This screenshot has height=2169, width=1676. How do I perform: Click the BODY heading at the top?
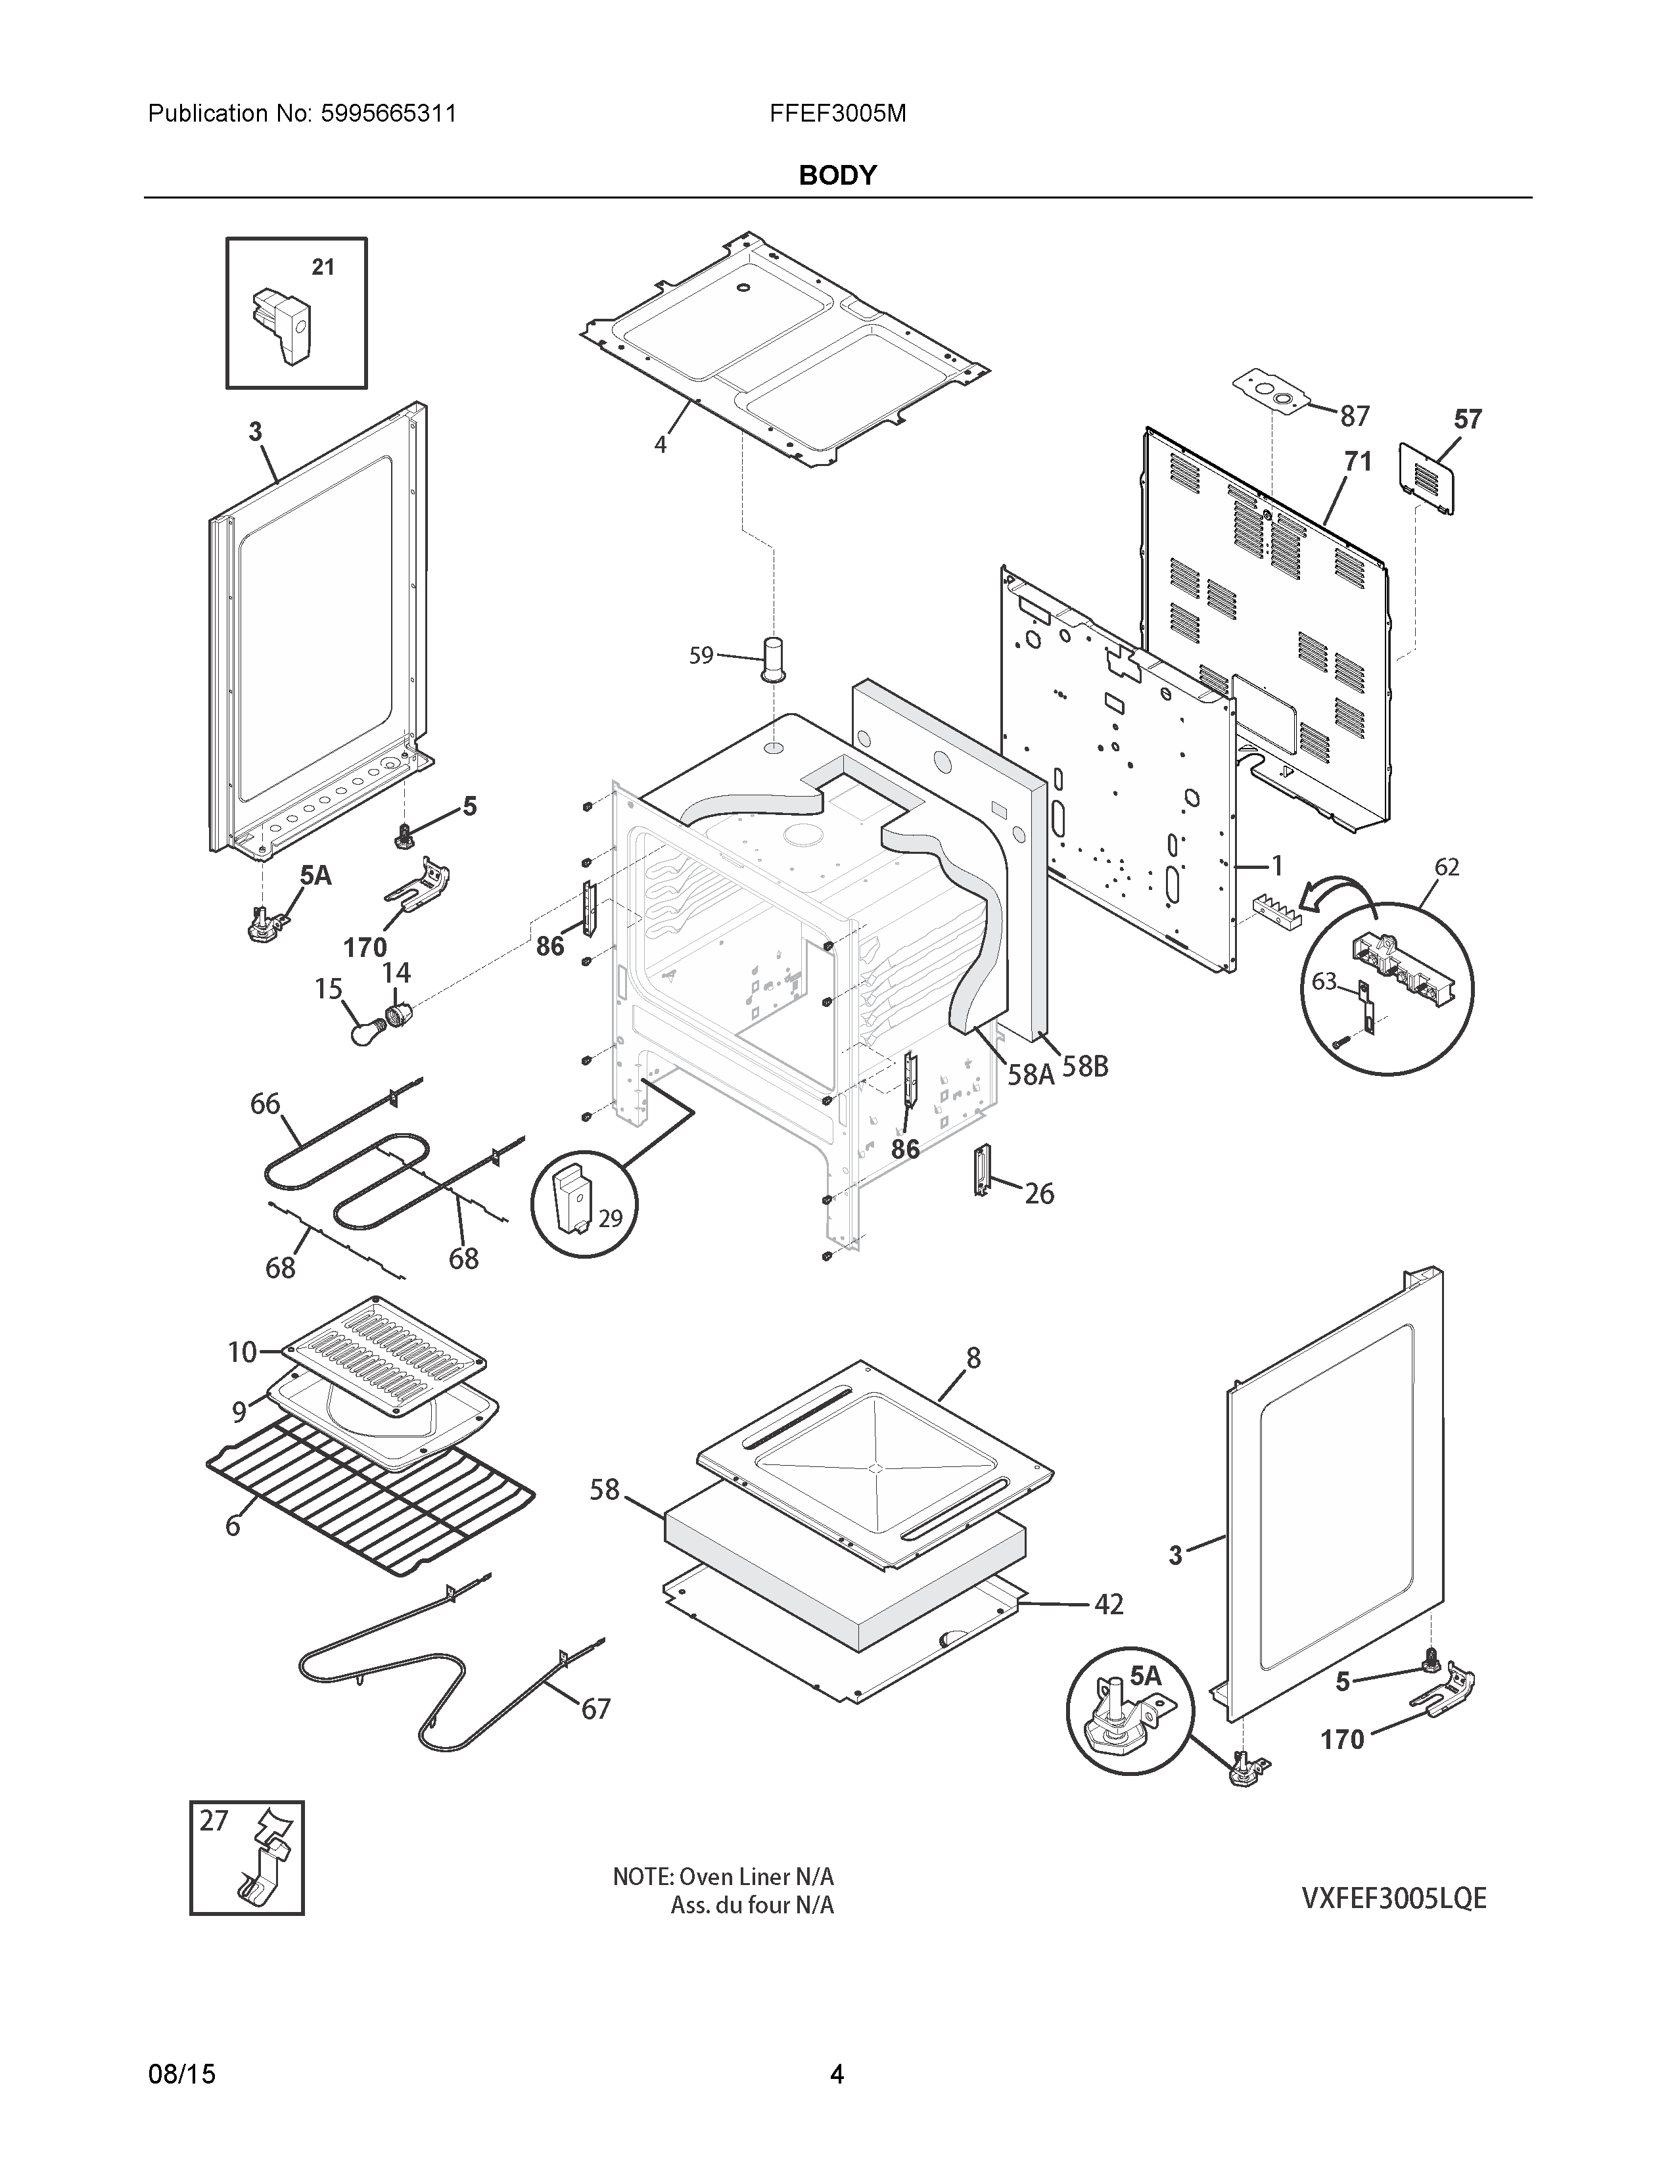[x=837, y=175]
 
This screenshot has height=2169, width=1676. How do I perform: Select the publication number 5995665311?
[x=388, y=113]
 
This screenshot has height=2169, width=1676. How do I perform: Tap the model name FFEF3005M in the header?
[x=837, y=113]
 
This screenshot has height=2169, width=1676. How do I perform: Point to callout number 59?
[x=701, y=655]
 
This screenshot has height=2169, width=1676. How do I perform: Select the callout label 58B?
[x=1084, y=1067]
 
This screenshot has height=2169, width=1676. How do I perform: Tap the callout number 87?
[x=1355, y=416]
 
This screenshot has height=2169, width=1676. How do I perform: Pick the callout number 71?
[x=1357, y=462]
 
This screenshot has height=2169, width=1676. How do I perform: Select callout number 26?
[x=1038, y=1193]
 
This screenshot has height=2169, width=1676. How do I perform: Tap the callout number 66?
[x=265, y=1104]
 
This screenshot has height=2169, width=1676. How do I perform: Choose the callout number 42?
[x=1108, y=1604]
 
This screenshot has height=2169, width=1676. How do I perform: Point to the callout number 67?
[x=595, y=1709]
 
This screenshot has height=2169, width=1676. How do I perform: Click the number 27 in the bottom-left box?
[x=214, y=1821]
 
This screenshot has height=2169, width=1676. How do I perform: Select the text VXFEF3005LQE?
[x=1394, y=1898]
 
